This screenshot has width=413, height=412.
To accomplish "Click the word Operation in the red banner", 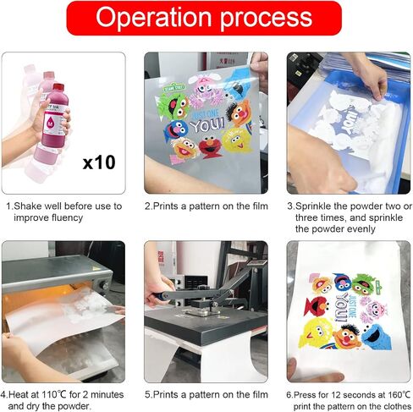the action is [x=153, y=17].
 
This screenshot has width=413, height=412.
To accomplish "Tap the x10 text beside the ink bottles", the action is [x=99, y=162].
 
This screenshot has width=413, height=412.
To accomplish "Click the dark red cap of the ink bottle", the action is [x=58, y=88].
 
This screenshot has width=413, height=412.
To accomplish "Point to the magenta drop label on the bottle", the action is [x=51, y=123].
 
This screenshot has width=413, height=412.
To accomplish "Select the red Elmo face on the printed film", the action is [x=210, y=146].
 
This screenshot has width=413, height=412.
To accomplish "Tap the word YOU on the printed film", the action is [x=207, y=125].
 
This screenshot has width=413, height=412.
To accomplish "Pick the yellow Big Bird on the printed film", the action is [x=236, y=140].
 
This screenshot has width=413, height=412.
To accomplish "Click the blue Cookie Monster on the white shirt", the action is [x=377, y=336].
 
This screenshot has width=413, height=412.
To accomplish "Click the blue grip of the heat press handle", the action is [x=158, y=296].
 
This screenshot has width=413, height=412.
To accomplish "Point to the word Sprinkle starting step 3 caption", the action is [x=312, y=206].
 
